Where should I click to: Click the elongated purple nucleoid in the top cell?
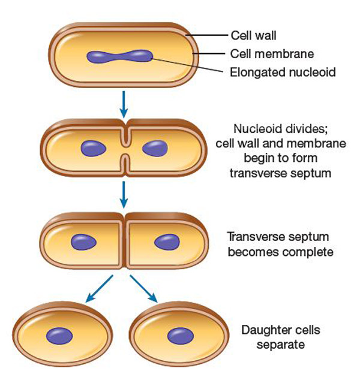119,58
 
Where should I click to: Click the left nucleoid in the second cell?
93,149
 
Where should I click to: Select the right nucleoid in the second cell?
155,149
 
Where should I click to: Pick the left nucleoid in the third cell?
83,242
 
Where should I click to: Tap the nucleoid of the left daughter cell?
60,335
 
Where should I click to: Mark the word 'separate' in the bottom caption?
277,345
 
